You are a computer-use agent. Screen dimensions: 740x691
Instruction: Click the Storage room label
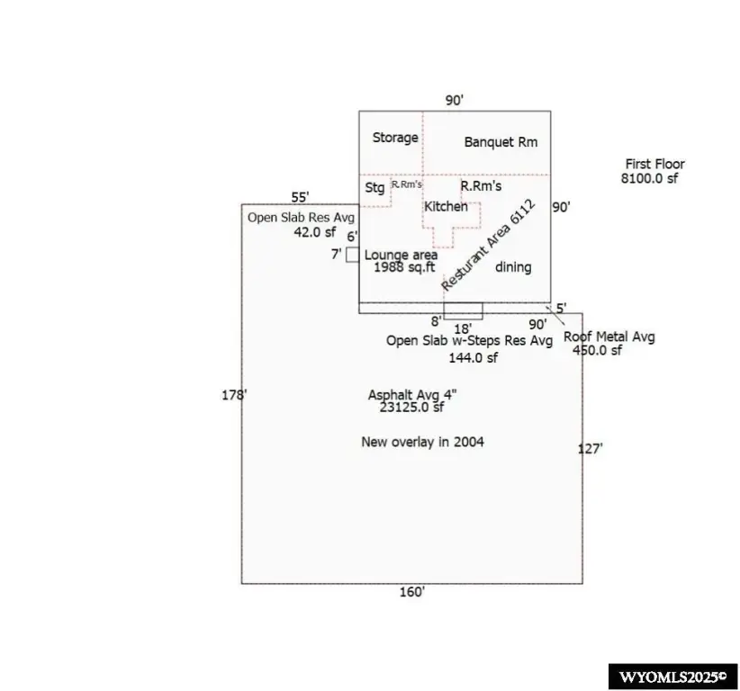pyautogui.click(x=395, y=138)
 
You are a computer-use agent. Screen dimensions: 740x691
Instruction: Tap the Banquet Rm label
pyautogui.click(x=501, y=142)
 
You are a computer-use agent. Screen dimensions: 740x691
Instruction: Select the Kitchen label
pyautogui.click(x=446, y=206)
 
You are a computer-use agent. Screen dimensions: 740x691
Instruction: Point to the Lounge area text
pyautogui.click(x=401, y=256)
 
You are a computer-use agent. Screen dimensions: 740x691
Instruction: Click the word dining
pyautogui.click(x=513, y=267)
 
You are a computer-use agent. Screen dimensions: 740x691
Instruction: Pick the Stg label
pyautogui.click(x=375, y=188)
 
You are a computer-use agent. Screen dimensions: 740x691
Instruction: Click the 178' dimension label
pyautogui.click(x=234, y=395)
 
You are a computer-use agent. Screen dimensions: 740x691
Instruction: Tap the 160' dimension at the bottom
pyautogui.click(x=412, y=592)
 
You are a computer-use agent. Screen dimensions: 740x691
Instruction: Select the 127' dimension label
pyautogui.click(x=590, y=449)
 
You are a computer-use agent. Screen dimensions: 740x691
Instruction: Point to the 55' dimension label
pyautogui.click(x=300, y=197)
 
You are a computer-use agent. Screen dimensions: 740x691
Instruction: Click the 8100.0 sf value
pyautogui.click(x=649, y=178)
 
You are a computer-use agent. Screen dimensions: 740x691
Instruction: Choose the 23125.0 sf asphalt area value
pyautogui.click(x=411, y=407)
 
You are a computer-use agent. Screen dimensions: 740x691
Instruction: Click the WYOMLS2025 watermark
pyautogui.click(x=672, y=678)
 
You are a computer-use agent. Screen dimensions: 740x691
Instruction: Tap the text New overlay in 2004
pyautogui.click(x=422, y=442)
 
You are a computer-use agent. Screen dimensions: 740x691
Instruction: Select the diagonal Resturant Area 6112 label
pyautogui.click(x=488, y=246)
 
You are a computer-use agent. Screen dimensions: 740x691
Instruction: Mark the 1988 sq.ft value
pyautogui.click(x=404, y=267)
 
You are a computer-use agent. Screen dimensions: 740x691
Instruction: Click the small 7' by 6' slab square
pyautogui.click(x=353, y=255)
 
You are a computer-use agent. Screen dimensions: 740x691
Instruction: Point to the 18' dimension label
pyautogui.click(x=463, y=328)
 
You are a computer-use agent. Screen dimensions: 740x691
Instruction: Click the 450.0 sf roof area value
pyautogui.click(x=597, y=350)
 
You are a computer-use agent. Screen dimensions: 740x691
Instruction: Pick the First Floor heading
pyautogui.click(x=654, y=164)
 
